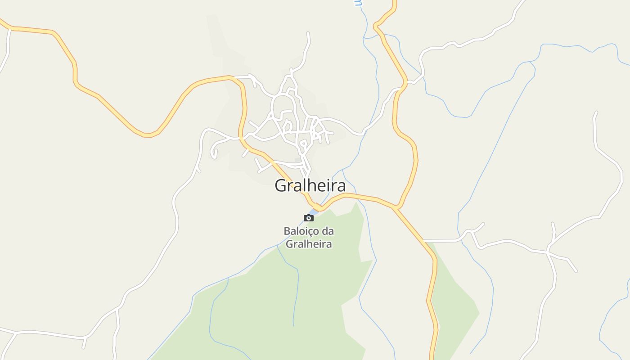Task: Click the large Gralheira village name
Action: tap(310, 185)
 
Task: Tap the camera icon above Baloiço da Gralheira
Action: tap(309, 218)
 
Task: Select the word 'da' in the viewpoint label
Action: tap(328, 231)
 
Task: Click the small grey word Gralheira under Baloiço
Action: tap(309, 244)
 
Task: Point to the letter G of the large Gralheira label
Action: tap(281, 185)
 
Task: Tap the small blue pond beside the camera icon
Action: tap(315, 211)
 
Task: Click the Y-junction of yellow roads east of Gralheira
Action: tap(396, 207)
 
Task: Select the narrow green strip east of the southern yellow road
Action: tap(454, 292)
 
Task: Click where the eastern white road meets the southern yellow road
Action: tap(425, 241)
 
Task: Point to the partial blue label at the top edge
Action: tap(358, 3)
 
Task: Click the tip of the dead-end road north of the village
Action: tap(308, 33)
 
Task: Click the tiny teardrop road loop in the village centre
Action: tap(303, 145)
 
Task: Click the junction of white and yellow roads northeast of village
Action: tap(406, 82)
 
